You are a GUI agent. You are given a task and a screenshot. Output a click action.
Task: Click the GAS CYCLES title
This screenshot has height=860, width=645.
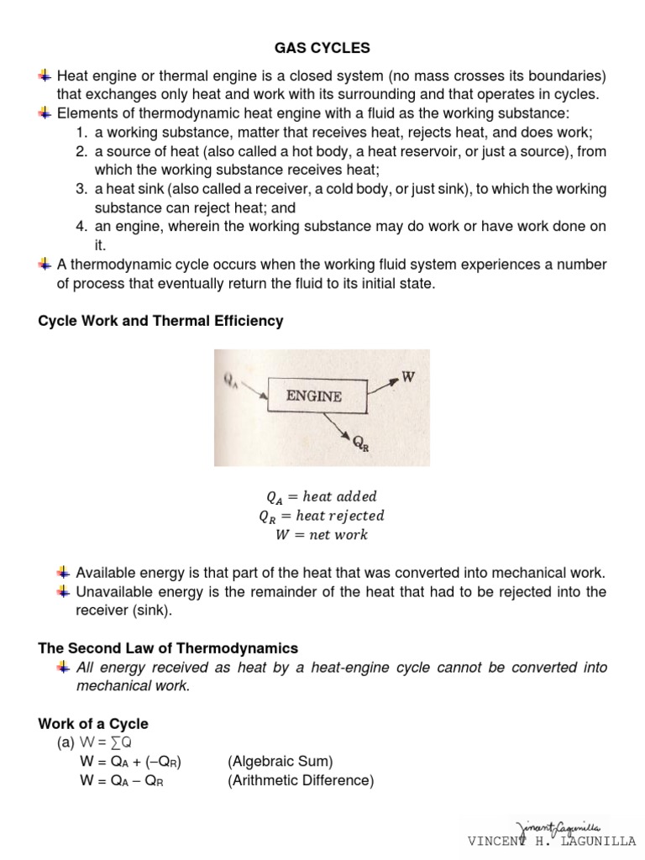[323, 48]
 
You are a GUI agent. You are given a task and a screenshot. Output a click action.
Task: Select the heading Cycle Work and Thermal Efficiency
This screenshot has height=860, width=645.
[161, 321]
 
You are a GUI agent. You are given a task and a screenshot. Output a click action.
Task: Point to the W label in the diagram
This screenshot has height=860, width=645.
[407, 377]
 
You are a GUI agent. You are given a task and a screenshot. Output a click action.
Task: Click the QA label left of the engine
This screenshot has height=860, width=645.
[231, 380]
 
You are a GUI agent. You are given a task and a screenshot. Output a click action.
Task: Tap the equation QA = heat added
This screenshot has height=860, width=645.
[322, 496]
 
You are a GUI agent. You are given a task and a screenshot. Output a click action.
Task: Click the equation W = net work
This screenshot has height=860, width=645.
[322, 534]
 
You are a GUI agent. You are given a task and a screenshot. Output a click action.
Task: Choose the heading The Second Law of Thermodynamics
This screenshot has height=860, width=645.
[168, 648]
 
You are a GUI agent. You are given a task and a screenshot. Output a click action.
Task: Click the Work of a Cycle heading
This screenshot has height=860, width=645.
[93, 724]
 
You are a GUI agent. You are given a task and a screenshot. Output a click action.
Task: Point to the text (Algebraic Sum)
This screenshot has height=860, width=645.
[280, 762]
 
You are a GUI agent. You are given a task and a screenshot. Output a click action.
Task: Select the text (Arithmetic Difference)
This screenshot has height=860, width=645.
[300, 780]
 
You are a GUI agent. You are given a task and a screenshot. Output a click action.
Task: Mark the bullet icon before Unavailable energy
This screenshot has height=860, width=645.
[64, 592]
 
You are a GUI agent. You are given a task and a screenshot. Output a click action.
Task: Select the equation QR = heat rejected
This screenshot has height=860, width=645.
[322, 516]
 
